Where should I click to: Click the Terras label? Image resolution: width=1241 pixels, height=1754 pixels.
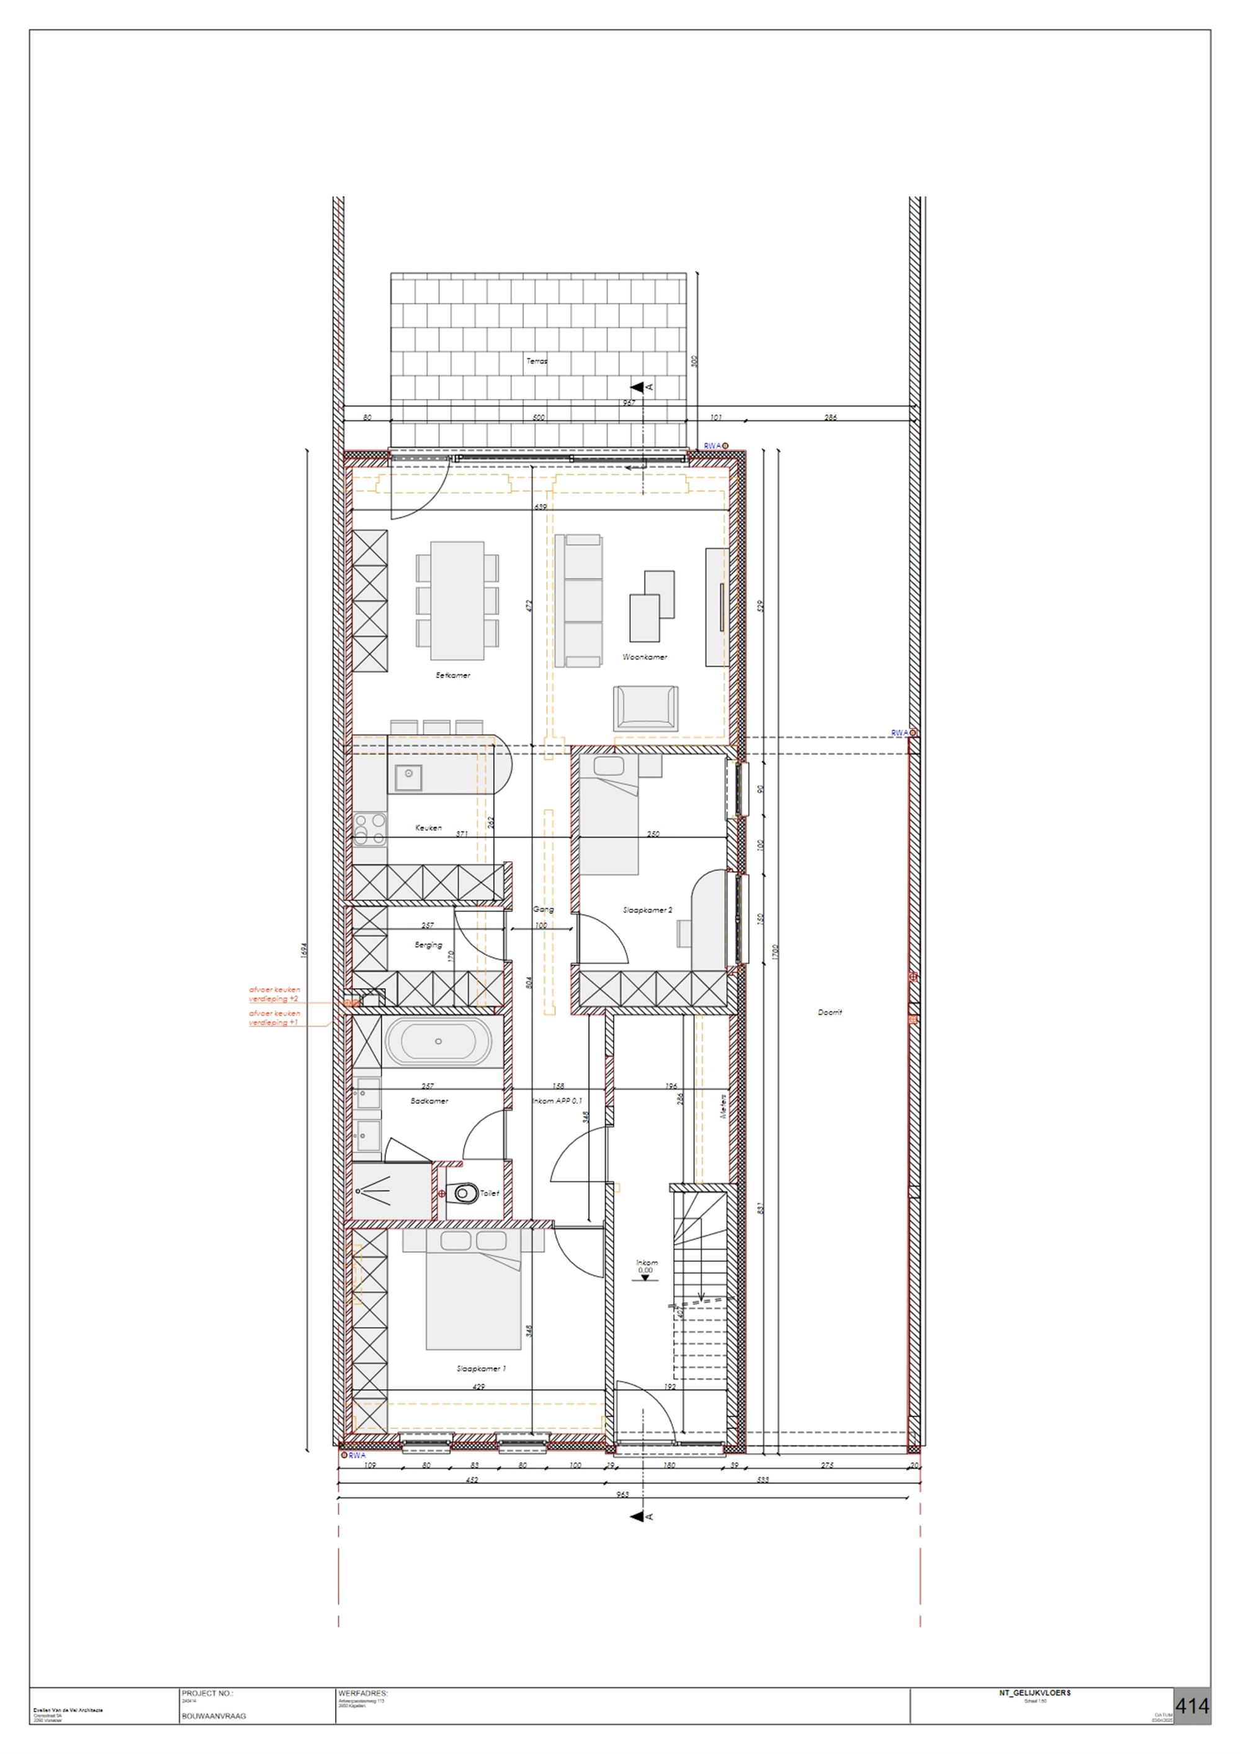click(x=537, y=360)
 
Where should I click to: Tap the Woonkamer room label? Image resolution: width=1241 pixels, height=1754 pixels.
click(x=644, y=657)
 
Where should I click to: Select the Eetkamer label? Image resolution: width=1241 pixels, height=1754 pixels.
click(x=452, y=675)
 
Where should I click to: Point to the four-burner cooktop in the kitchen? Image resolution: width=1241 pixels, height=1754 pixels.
click(x=370, y=829)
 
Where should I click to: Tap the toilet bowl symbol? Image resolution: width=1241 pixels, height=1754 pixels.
click(x=462, y=1192)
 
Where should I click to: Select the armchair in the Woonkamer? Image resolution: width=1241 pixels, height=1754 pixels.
click(x=645, y=707)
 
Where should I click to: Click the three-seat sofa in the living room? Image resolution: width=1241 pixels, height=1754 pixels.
click(x=578, y=601)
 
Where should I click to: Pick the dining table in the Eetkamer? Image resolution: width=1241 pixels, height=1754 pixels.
click(x=457, y=601)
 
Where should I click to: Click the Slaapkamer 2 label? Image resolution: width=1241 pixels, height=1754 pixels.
click(x=647, y=910)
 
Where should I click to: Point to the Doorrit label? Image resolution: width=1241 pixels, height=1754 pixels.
click(x=829, y=1012)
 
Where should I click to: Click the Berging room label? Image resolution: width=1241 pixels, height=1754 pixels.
click(x=428, y=945)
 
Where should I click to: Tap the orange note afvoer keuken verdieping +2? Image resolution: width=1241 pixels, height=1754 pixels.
click(x=274, y=994)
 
